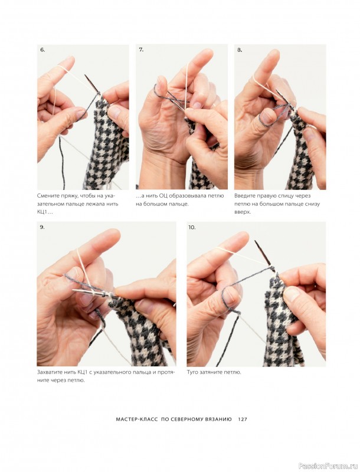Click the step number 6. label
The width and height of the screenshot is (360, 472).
(42, 50)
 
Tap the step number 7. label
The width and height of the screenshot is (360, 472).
(141, 50)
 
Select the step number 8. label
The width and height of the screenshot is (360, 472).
(240, 50)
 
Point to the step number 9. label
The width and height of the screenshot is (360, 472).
(42, 227)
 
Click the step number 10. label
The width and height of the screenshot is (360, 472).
(192, 227)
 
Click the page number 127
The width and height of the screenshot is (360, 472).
(243, 419)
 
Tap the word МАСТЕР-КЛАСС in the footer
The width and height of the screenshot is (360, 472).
(137, 419)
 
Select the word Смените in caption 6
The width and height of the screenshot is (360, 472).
(47, 196)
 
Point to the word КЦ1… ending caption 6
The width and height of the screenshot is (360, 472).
(43, 212)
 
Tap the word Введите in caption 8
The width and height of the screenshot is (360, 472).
(244, 196)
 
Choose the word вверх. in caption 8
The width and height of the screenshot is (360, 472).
(243, 212)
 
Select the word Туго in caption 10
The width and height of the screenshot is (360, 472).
(192, 372)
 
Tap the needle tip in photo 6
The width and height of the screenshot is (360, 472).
(86, 76)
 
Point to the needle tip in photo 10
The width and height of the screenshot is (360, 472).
(256, 241)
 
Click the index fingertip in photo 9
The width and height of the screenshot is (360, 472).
(115, 232)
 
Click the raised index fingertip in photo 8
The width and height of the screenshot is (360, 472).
(275, 53)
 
